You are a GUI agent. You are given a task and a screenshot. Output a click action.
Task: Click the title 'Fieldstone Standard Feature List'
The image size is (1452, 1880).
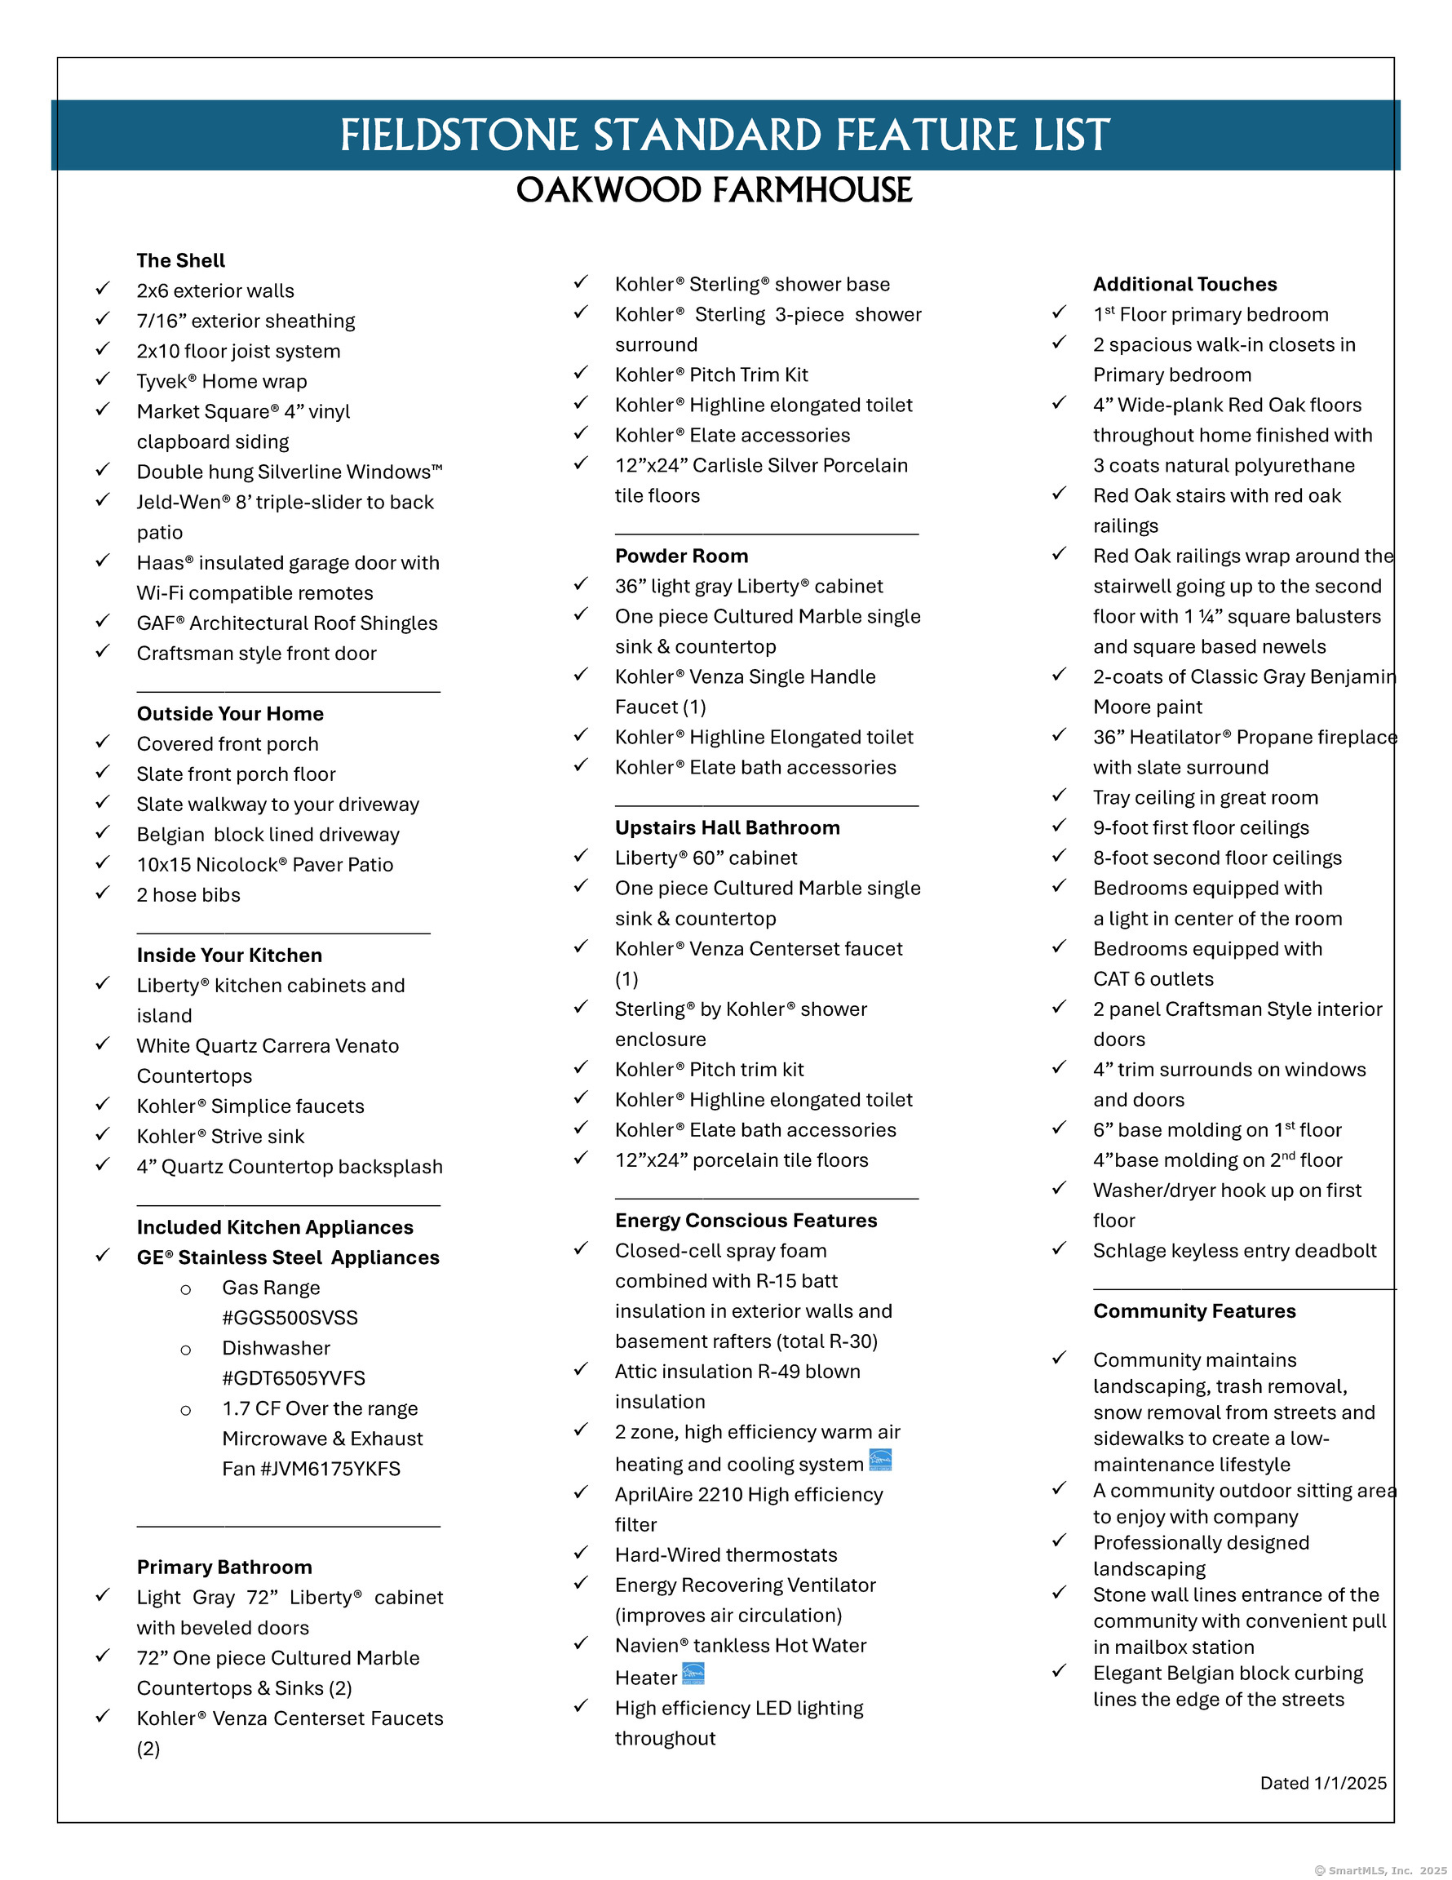tap(724, 135)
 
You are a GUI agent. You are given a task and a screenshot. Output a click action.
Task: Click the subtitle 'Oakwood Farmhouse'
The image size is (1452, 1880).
tap(714, 190)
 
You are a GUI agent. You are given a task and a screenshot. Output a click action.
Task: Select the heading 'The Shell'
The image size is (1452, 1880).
tap(181, 261)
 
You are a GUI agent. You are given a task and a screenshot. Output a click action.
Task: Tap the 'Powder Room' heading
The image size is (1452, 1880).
tap(681, 556)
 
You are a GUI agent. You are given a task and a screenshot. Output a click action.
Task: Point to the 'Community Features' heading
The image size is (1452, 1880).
tap(1193, 1311)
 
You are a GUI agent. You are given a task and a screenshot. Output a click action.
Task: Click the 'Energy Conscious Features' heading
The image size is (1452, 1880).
tap(746, 1221)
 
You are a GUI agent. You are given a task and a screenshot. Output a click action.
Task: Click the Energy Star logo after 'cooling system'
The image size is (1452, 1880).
tap(880, 1460)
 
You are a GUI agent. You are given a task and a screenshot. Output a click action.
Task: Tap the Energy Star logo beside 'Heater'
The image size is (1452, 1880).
tap(693, 1674)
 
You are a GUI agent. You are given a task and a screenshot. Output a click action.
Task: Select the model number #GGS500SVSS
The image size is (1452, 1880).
tap(290, 1318)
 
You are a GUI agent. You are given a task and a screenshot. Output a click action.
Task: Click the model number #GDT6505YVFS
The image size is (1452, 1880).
tap(294, 1378)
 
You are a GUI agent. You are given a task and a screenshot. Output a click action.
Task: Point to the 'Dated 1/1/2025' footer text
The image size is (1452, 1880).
tap(1323, 1783)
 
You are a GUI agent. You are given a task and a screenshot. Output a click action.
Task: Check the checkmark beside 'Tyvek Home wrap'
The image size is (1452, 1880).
tap(103, 379)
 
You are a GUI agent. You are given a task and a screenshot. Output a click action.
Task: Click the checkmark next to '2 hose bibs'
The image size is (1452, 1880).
tap(103, 893)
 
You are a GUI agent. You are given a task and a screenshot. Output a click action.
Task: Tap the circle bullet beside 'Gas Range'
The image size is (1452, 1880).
tap(186, 1289)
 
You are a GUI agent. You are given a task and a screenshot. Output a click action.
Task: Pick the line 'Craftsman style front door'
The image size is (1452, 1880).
tap(256, 654)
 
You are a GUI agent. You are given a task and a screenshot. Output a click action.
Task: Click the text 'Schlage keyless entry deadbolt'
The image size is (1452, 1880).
tap(1234, 1251)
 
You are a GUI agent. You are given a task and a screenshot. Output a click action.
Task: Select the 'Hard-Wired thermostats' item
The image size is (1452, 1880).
tap(725, 1554)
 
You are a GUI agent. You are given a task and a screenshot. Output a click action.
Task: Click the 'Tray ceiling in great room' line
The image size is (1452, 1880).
tap(1205, 798)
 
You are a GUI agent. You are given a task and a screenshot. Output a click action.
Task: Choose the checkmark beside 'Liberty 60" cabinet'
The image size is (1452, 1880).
tap(581, 856)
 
